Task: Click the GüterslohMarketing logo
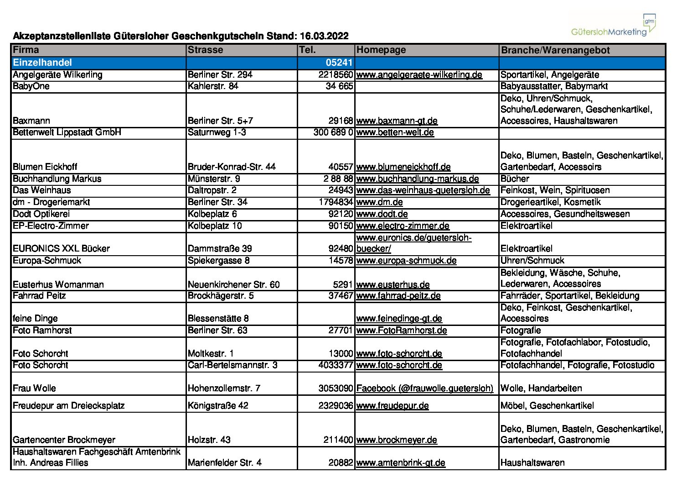613,26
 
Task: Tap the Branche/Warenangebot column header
555,50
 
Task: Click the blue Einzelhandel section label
42,63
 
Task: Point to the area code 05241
339,63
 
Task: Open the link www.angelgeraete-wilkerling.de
419,75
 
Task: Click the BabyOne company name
31,86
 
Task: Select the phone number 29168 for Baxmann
341,121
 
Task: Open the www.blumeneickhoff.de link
403,167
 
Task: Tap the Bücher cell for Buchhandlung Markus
515,179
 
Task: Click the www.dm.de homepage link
379,202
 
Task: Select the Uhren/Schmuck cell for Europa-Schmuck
532,261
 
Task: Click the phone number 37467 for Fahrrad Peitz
341,296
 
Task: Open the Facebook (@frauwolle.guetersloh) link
424,388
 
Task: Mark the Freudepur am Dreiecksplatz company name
68,406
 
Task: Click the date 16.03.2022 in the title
324,36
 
